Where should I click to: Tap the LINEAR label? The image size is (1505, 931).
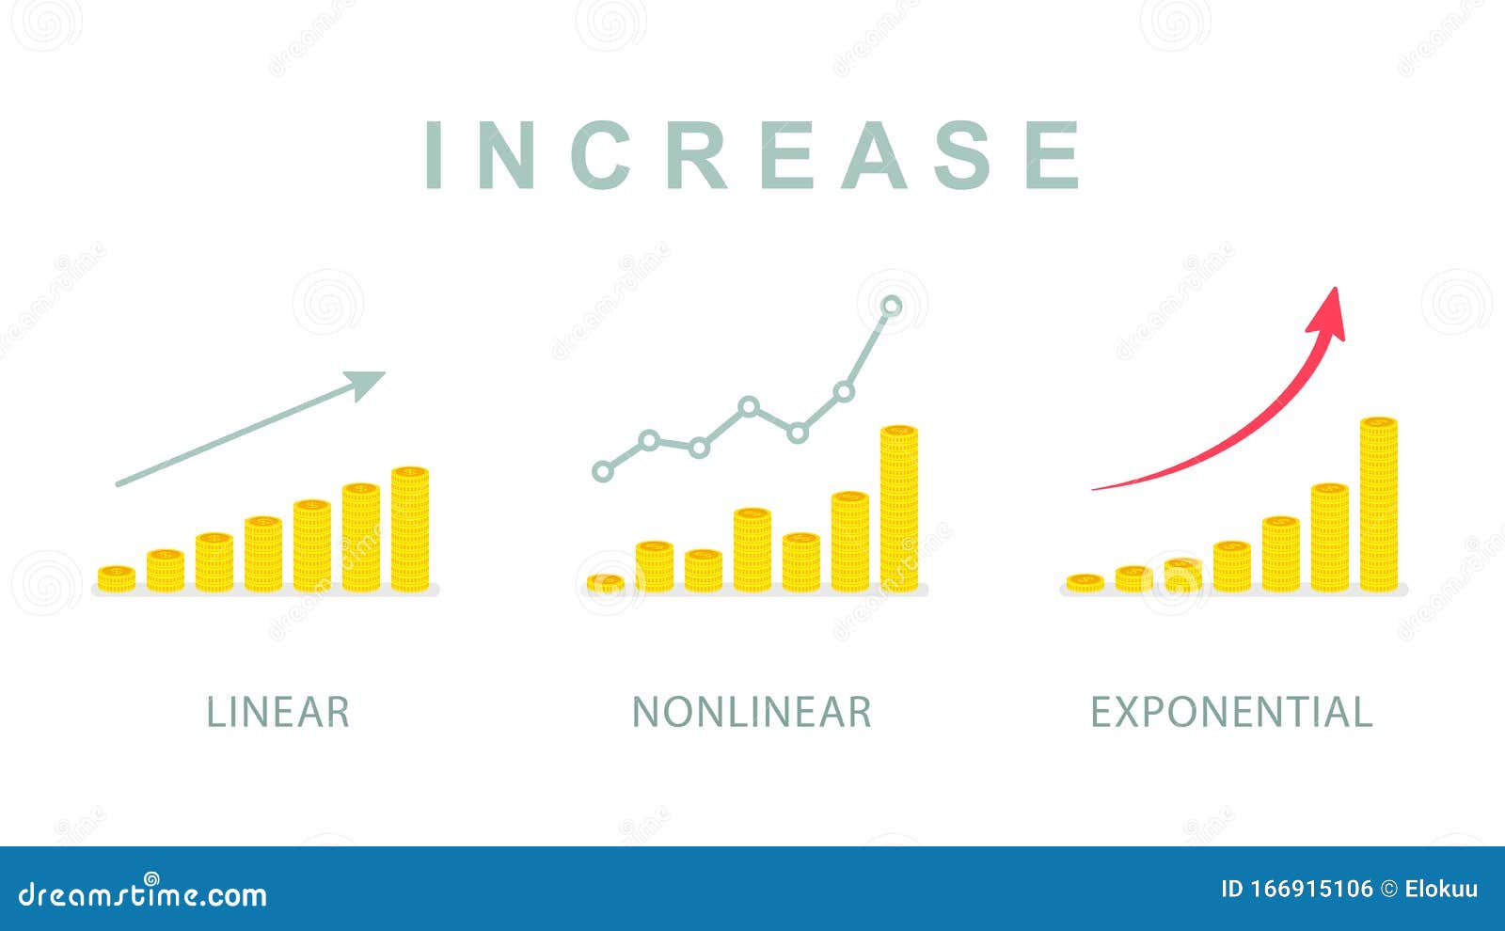(277, 712)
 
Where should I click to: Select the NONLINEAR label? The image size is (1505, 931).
(752, 712)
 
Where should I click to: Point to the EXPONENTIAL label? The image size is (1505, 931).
(1230, 712)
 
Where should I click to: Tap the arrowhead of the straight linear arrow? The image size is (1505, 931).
(367, 381)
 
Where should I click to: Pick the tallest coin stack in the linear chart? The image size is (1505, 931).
(410, 529)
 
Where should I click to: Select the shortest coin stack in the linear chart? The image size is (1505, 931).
(117, 578)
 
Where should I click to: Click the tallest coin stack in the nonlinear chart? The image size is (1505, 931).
(899, 509)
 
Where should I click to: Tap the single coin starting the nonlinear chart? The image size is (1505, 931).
(606, 583)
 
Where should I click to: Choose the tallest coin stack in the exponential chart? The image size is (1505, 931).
(1379, 504)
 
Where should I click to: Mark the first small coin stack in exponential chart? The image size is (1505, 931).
(1085, 582)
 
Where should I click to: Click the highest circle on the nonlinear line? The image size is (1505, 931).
(892, 306)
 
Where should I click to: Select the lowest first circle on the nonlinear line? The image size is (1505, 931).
(602, 471)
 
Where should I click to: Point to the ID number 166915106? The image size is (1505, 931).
(1296, 889)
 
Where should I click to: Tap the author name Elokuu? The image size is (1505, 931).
(1441, 889)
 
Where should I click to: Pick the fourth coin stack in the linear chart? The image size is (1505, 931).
(263, 554)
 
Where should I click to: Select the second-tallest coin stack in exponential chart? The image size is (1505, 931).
(1330, 537)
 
